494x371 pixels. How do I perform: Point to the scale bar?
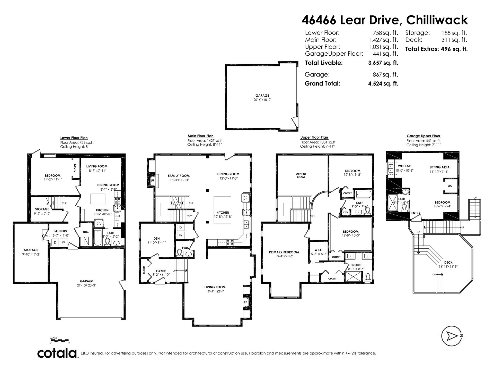60,340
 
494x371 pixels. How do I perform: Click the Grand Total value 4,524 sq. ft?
383,83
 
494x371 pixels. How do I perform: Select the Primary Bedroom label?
284,252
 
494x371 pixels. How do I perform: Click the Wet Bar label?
404,166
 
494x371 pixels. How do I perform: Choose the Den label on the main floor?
156,239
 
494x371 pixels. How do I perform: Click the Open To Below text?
301,176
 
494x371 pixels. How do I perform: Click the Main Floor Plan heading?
201,136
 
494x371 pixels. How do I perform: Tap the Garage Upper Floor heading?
424,136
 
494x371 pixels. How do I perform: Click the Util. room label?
86,232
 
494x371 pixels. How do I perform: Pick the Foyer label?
161,271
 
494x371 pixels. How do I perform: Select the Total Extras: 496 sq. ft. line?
436,49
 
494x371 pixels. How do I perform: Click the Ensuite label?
356,265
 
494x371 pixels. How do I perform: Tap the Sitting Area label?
439,167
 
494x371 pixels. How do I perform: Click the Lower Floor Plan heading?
74,138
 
